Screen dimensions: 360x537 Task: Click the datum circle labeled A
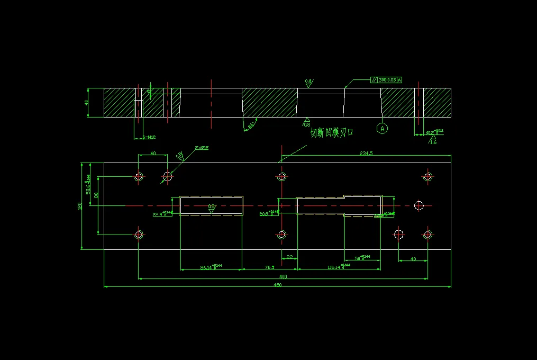click(x=382, y=128)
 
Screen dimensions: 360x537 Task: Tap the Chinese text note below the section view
click(x=331, y=133)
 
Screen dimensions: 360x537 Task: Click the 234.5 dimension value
click(x=366, y=153)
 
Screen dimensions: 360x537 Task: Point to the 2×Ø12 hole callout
click(x=202, y=148)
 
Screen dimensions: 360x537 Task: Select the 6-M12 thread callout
click(x=149, y=138)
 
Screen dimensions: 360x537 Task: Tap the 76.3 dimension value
click(x=269, y=268)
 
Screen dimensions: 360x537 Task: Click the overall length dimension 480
click(x=277, y=285)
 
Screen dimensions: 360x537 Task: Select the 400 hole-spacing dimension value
click(x=283, y=276)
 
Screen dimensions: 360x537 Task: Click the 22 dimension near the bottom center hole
click(x=289, y=257)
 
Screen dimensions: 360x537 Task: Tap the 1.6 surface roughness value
click(x=433, y=142)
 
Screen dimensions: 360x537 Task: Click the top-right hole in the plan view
click(x=428, y=176)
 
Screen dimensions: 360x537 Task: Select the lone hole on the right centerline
click(x=420, y=205)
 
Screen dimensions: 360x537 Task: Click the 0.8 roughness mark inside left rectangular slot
click(x=211, y=207)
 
